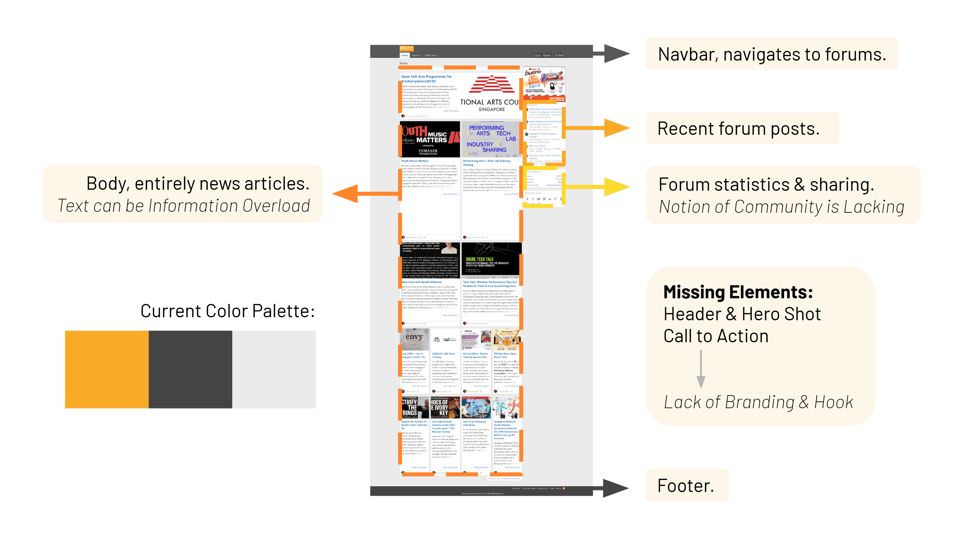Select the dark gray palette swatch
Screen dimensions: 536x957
(x=190, y=369)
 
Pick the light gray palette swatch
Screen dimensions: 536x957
(x=274, y=369)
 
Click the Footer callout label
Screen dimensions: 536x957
(x=686, y=485)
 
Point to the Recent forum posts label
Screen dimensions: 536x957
(x=738, y=129)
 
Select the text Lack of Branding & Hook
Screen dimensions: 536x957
(x=758, y=402)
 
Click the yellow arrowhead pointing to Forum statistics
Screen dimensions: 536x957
(x=617, y=186)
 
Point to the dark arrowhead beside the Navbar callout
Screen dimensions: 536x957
(x=617, y=54)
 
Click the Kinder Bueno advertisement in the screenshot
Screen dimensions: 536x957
(x=544, y=84)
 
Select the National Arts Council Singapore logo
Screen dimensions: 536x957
(x=491, y=93)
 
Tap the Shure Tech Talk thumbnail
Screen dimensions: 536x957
(x=491, y=260)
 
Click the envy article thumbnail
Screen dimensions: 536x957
(x=414, y=339)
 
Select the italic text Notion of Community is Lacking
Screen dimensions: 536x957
(x=781, y=207)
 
